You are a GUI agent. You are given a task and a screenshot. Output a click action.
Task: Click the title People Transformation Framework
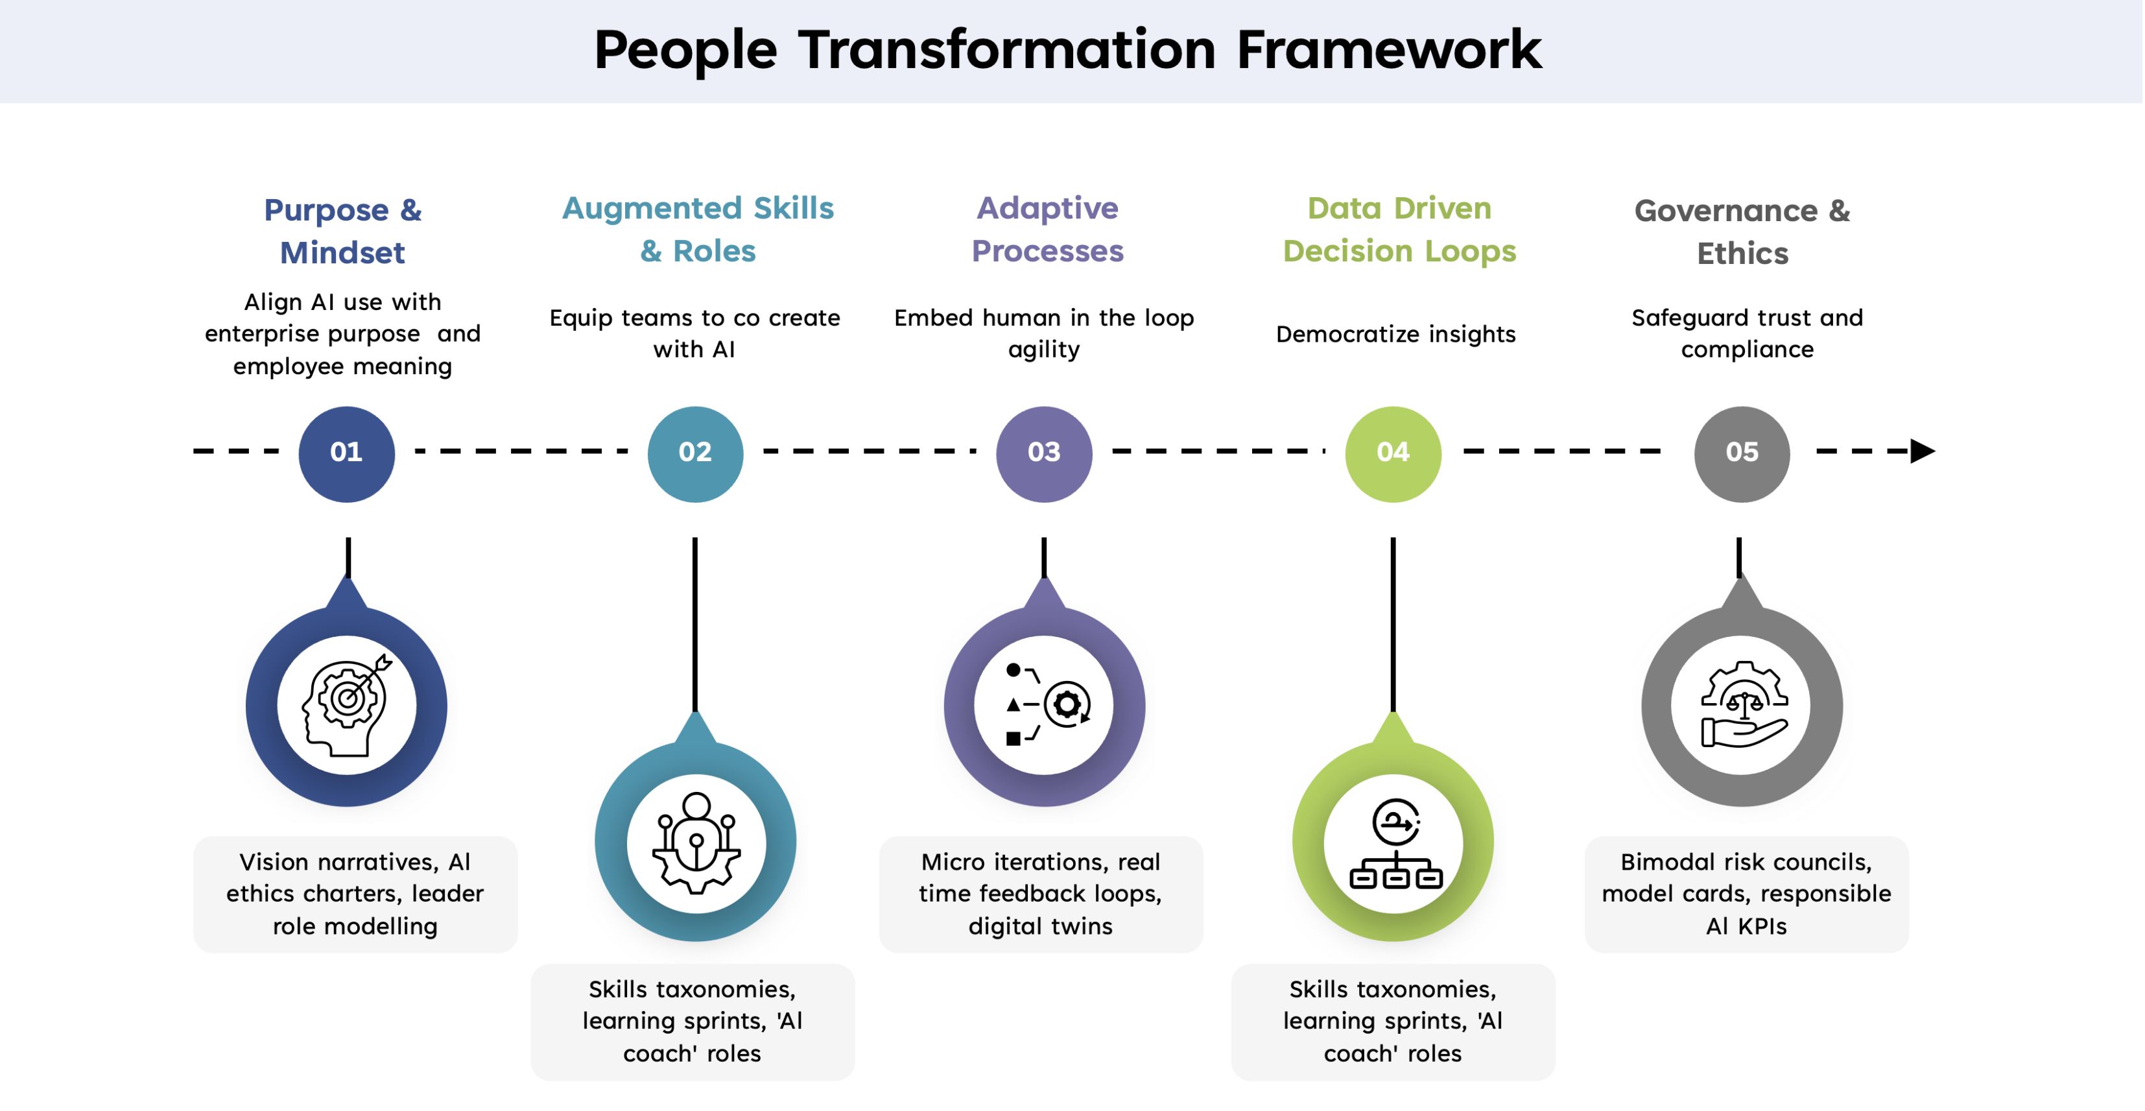pos(1067,50)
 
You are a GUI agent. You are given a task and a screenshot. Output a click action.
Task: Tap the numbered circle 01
pos(346,453)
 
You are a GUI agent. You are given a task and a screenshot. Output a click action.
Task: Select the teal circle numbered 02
pos(695,453)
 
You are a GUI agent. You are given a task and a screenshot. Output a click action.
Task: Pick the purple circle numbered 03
pos(1044,453)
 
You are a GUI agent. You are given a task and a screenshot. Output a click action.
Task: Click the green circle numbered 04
pos(1393,453)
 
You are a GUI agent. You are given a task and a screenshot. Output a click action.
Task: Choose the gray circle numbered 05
pos(1742,453)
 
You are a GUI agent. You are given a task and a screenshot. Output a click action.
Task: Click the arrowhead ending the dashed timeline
pos(1922,451)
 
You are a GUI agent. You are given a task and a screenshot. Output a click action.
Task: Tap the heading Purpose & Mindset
pos(342,231)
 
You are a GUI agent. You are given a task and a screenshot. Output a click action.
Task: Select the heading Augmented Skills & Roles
pos(698,229)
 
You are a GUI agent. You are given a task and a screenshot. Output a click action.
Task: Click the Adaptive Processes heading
pos(1047,229)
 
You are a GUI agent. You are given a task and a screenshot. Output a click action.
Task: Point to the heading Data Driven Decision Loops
pos(1399,229)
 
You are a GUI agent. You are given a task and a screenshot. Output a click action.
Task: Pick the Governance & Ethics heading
pos(1742,232)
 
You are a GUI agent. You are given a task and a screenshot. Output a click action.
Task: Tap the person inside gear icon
pos(696,843)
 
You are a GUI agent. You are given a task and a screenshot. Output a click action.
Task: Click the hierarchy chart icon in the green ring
pos(1395,843)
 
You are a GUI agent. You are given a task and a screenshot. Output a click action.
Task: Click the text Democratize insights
pos(1395,334)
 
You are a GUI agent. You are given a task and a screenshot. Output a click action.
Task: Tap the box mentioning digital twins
pos(1041,894)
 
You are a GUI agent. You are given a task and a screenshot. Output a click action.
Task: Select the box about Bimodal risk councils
pos(1746,894)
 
